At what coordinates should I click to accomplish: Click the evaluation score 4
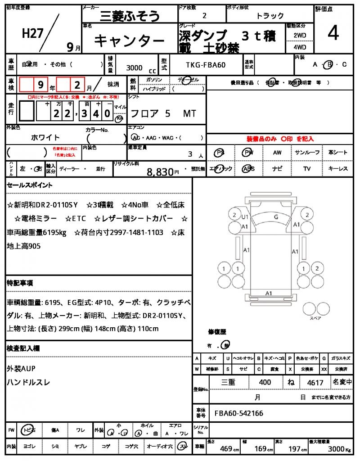[x=333, y=33]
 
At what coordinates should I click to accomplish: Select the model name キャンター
[x=129, y=41]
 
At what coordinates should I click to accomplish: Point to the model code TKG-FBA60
[x=206, y=65]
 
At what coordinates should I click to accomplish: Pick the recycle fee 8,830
[x=160, y=172]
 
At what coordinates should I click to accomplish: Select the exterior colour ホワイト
[x=45, y=137]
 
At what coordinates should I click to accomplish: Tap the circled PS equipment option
[x=220, y=153]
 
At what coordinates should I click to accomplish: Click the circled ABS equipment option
[x=248, y=169]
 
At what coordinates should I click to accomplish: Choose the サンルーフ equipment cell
[x=307, y=153]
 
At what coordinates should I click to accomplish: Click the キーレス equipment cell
[x=337, y=169]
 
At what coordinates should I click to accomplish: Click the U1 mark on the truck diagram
[x=245, y=217]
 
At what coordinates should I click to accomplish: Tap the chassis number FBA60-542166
[x=238, y=413]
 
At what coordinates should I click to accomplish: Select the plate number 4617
[x=315, y=383]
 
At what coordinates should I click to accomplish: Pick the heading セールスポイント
[x=30, y=185]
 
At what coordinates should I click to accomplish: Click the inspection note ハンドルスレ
[x=29, y=382]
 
